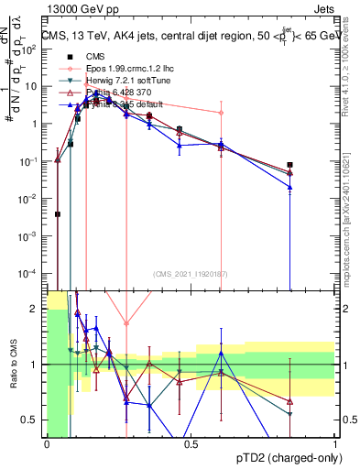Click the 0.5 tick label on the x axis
point(191,443)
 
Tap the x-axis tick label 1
point(335,443)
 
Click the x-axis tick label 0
point(47,443)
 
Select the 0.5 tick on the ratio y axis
point(35,420)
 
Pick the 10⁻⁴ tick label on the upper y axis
point(31,274)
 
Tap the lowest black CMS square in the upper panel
point(58,214)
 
